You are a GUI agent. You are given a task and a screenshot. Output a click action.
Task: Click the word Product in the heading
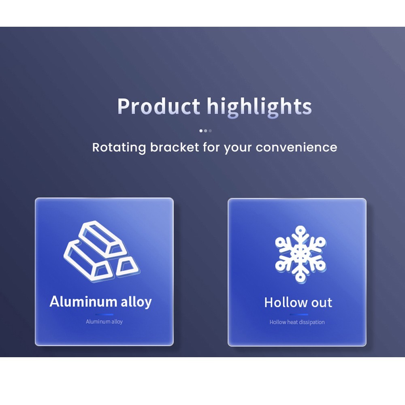pyautogui.click(x=159, y=106)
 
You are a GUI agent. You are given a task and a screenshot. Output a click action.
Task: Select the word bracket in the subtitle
pyautogui.click(x=175, y=147)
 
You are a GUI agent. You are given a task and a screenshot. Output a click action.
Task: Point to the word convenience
pyautogui.click(x=296, y=147)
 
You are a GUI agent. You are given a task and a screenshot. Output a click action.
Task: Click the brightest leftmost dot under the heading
pyautogui.click(x=201, y=131)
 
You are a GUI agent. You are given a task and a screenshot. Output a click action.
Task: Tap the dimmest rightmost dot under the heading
pyautogui.click(x=210, y=131)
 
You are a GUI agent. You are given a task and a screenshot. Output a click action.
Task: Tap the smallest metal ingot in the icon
pyautogui.click(x=127, y=266)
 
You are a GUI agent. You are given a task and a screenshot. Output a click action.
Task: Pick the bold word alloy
pyautogui.click(x=136, y=302)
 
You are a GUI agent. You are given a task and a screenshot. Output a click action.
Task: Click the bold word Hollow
pyautogui.click(x=284, y=303)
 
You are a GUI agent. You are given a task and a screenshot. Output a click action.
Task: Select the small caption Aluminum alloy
pyautogui.click(x=104, y=322)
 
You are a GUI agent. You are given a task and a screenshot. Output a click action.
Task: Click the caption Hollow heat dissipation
pyautogui.click(x=297, y=322)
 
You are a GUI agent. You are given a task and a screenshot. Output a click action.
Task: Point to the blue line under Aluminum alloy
pyautogui.click(x=104, y=314)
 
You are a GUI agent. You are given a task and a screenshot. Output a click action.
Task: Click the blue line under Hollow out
pyautogui.click(x=299, y=314)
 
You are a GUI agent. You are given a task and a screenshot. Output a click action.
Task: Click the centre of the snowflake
pyautogui.click(x=301, y=254)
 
